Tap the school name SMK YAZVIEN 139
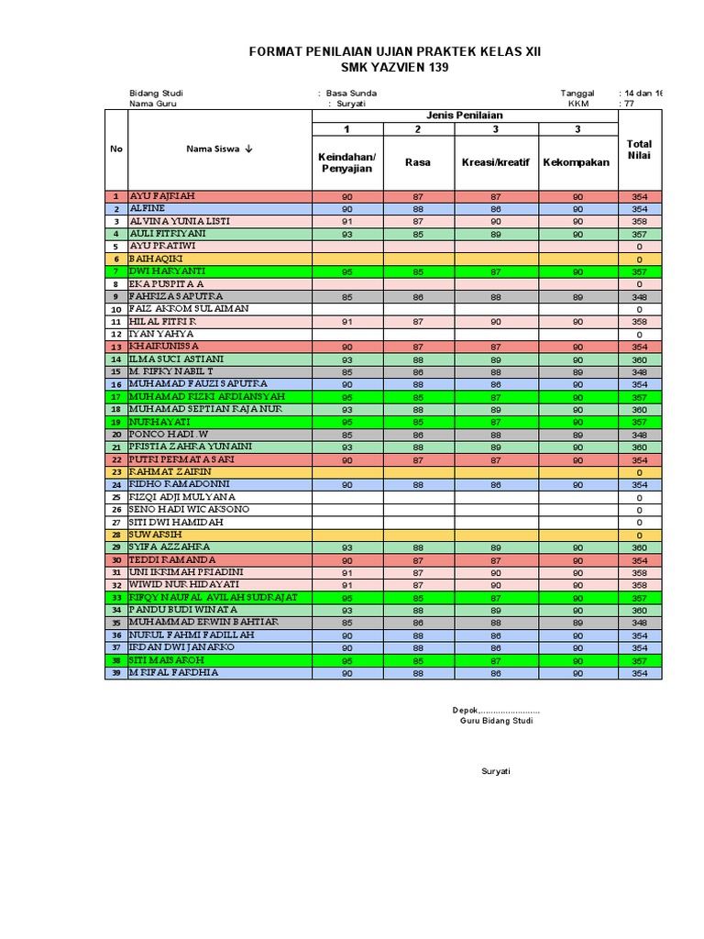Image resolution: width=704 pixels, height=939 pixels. pyautogui.click(x=395, y=69)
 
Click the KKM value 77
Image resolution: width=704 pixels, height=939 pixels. pyautogui.click(x=628, y=104)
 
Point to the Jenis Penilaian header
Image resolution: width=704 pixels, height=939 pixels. pyautogui.click(x=466, y=116)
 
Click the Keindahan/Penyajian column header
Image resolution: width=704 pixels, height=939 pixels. pyautogui.click(x=341, y=162)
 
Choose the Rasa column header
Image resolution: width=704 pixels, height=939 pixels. pyautogui.click(x=418, y=162)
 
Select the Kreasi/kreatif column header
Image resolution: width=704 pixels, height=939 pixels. pyautogui.click(x=496, y=162)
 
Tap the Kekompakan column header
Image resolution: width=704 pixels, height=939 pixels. pyautogui.click(x=577, y=162)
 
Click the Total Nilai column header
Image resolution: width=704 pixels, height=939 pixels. pyautogui.click(x=639, y=149)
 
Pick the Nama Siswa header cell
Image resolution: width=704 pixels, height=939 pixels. pyautogui.click(x=219, y=149)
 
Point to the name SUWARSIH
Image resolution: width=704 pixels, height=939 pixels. pyautogui.click(x=159, y=534)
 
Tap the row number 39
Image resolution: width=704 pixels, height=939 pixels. pyautogui.click(x=116, y=673)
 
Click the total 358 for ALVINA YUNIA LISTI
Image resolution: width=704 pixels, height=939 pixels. pyautogui.click(x=639, y=222)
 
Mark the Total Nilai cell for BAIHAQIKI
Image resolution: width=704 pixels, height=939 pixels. pyautogui.click(x=639, y=260)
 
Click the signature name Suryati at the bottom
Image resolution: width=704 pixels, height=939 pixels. pyautogui.click(x=496, y=771)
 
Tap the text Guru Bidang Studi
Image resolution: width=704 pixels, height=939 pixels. pyautogui.click(x=496, y=721)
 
